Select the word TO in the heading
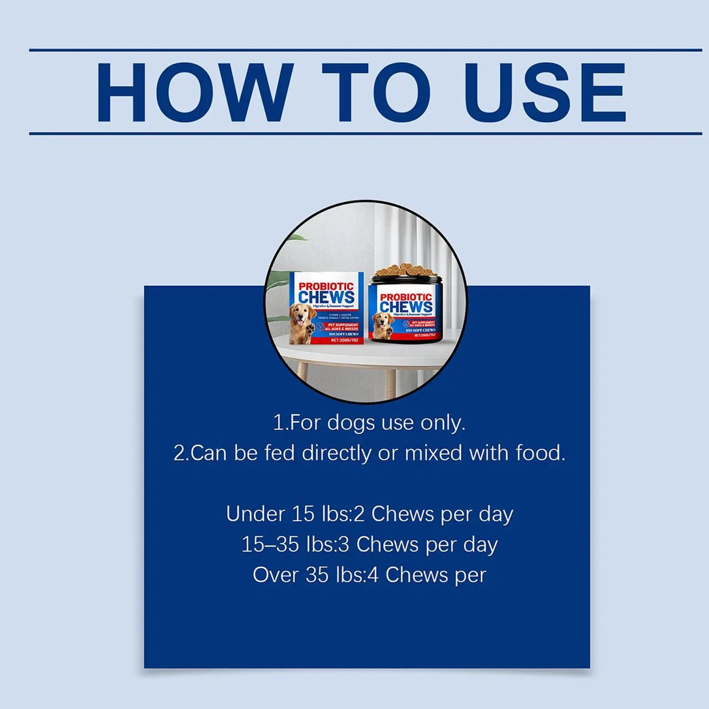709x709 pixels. tap(376, 93)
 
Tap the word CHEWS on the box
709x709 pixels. tap(326, 297)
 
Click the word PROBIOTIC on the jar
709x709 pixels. tap(406, 297)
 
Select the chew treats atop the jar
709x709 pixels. tap(405, 270)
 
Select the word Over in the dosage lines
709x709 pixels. tap(275, 575)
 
